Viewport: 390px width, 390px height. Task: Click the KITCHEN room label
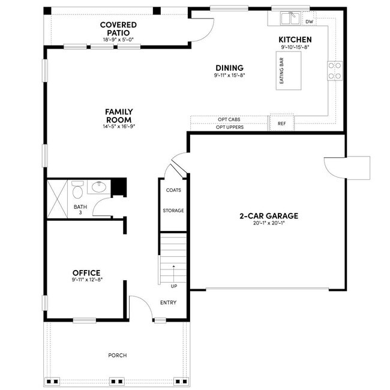tap(295, 39)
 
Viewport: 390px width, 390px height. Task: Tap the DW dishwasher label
tap(309, 22)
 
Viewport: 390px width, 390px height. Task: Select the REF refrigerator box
tap(282, 124)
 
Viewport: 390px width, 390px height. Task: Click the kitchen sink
tap(291, 19)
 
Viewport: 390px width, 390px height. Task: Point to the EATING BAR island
tap(288, 70)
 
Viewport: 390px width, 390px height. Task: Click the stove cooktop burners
tap(334, 71)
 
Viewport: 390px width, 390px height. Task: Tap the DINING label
tap(229, 68)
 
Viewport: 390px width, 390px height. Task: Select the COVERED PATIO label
tap(118, 29)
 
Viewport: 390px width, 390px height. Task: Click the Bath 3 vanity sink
tap(100, 187)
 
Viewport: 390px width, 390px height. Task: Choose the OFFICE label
tap(86, 273)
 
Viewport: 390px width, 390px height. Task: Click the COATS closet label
tap(173, 190)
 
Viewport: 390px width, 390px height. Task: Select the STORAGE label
tap(173, 211)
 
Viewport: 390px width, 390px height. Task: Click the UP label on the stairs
tap(174, 286)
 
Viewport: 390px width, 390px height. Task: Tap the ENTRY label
tap(168, 302)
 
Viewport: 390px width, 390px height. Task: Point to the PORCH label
tap(118, 355)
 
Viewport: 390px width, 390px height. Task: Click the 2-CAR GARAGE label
tap(269, 216)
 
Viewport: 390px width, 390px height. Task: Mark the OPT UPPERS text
tap(229, 127)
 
